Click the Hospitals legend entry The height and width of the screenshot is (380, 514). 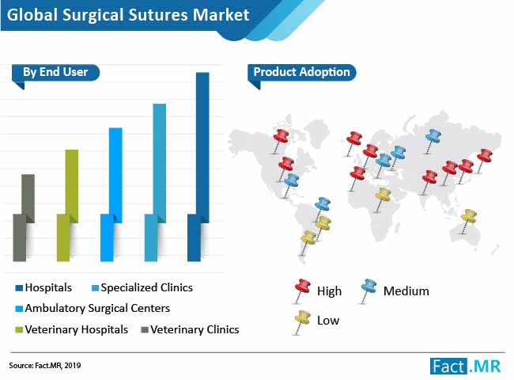click(x=43, y=288)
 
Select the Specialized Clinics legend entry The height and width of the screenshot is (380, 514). click(x=142, y=288)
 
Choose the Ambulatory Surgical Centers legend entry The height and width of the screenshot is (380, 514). click(x=93, y=309)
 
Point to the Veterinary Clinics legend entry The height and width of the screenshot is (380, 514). click(x=190, y=329)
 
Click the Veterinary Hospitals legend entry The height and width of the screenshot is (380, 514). click(x=72, y=329)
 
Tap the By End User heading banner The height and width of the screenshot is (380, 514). click(x=55, y=72)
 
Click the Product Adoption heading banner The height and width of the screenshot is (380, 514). click(x=301, y=72)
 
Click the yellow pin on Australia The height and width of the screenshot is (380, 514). click(x=468, y=221)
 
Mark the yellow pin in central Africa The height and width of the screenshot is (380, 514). click(x=382, y=199)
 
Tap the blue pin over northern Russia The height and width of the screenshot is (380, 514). click(x=432, y=141)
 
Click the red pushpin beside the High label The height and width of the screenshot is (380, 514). click(x=301, y=291)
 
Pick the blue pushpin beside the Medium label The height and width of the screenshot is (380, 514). click(x=368, y=291)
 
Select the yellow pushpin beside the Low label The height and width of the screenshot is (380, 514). click(x=301, y=322)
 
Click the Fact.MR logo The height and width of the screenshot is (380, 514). click(x=466, y=367)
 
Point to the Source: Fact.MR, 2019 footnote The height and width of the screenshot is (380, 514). click(x=45, y=366)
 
